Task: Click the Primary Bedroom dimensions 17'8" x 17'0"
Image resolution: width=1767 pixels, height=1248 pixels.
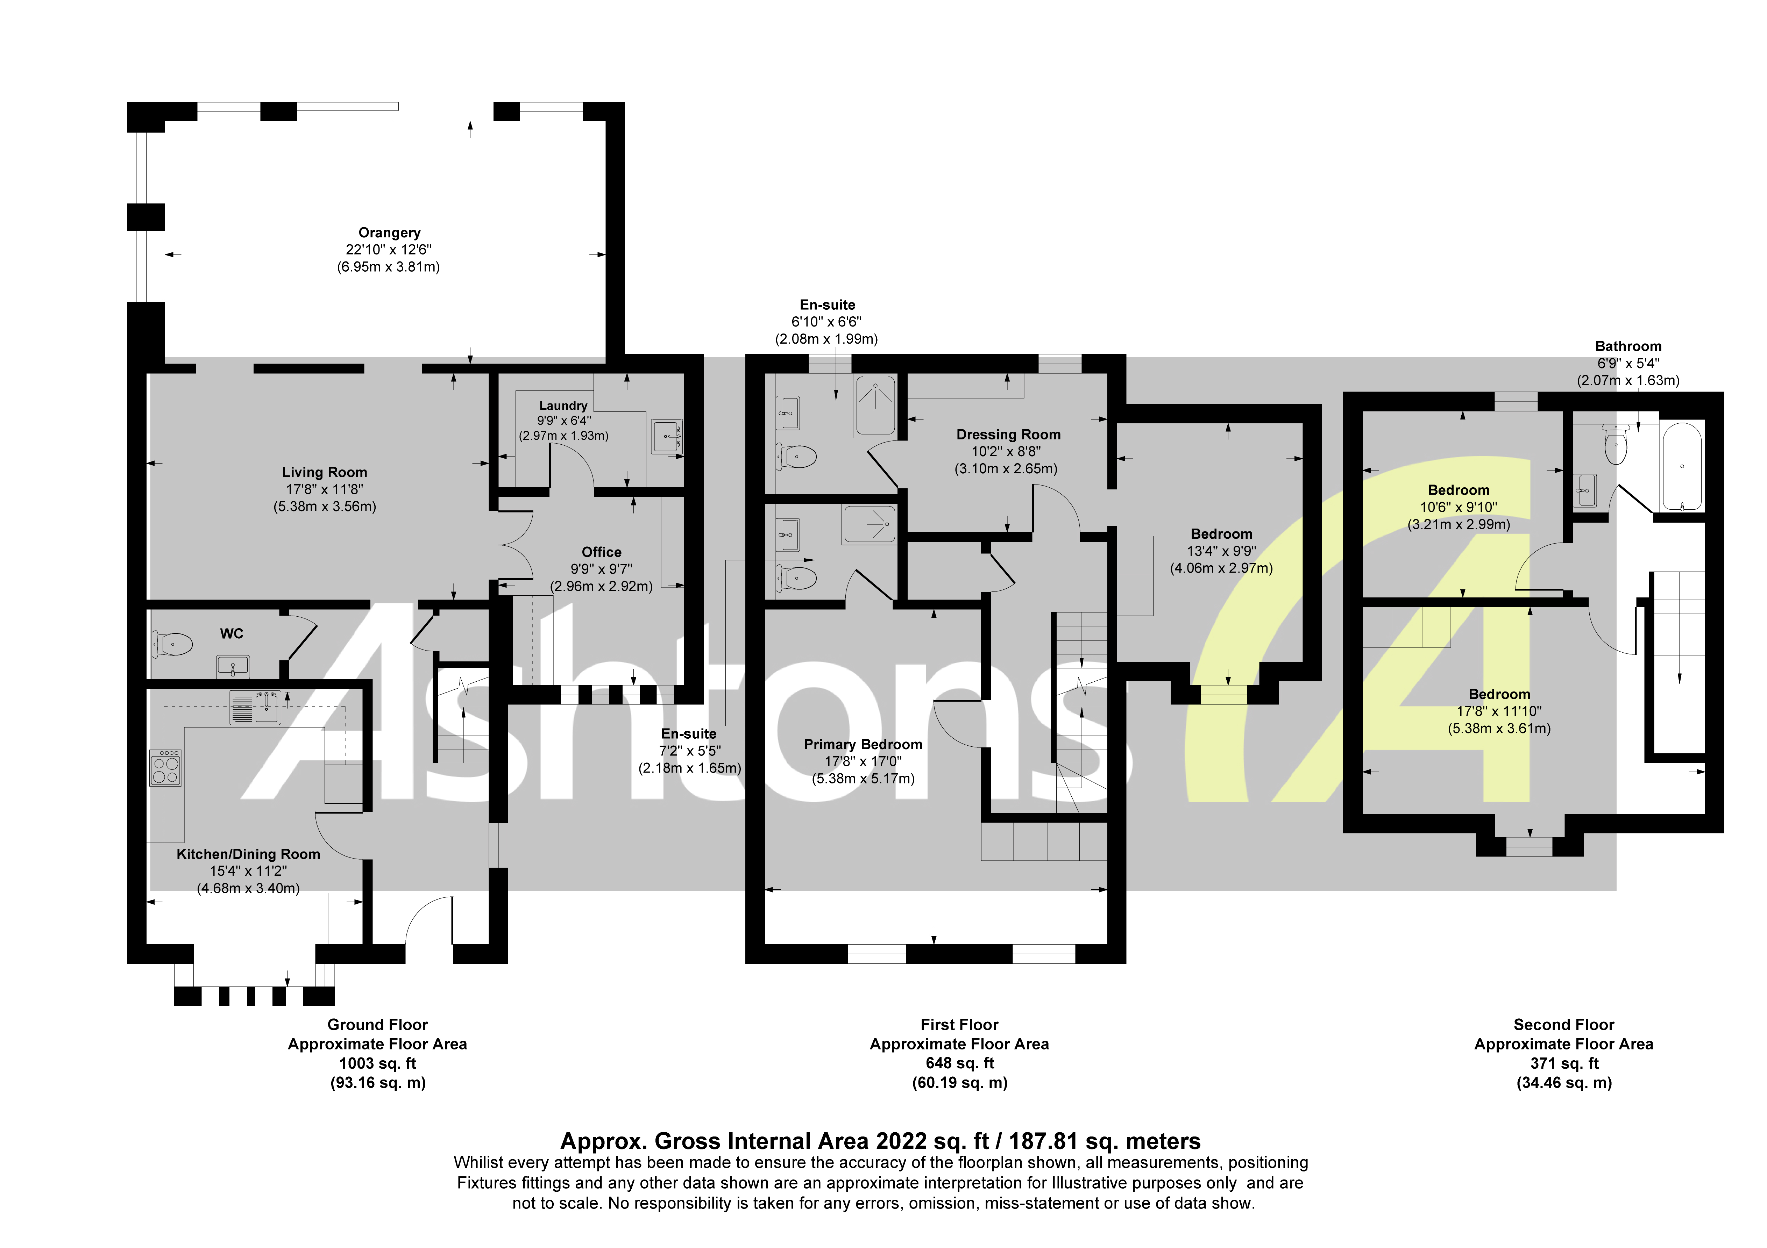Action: click(863, 761)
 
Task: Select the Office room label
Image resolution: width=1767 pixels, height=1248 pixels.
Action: click(601, 552)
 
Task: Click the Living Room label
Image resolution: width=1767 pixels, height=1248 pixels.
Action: click(324, 472)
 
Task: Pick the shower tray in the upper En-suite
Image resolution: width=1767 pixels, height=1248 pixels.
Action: click(875, 405)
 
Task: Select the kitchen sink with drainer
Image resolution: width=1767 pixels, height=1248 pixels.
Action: click(255, 707)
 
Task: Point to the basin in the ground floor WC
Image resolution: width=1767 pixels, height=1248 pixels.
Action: click(233, 665)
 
